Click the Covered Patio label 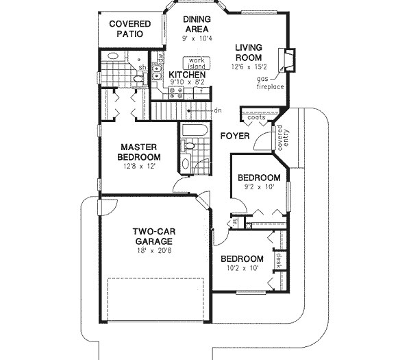coord(130,29)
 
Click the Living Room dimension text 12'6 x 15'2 coord(249,67)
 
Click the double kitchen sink coord(157,67)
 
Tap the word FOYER coord(234,136)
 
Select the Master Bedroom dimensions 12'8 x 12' coord(140,166)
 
